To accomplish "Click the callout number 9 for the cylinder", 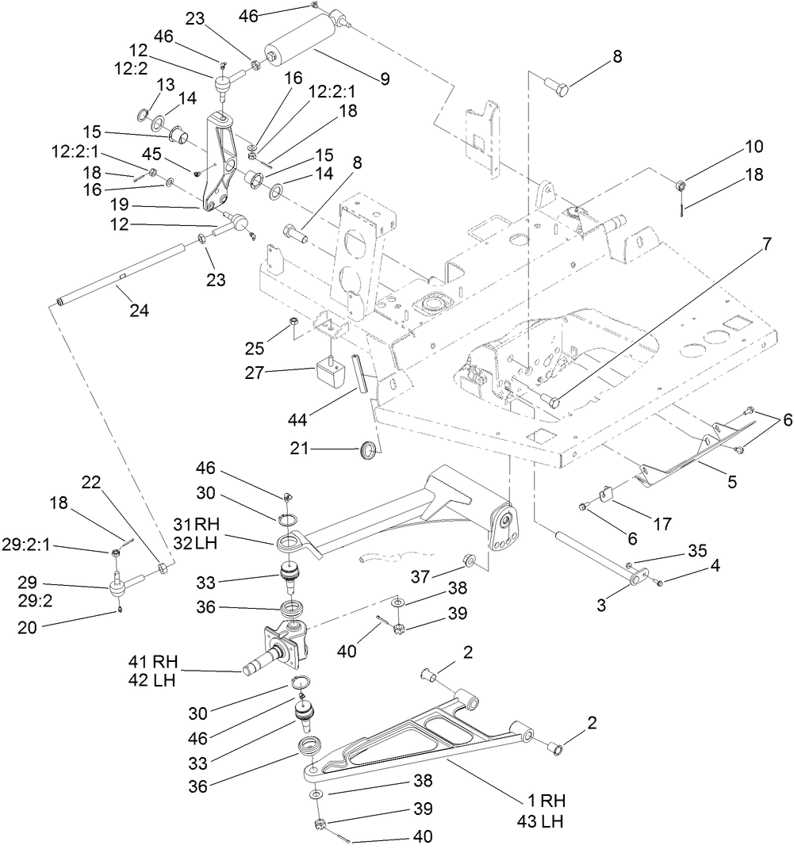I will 385,78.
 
